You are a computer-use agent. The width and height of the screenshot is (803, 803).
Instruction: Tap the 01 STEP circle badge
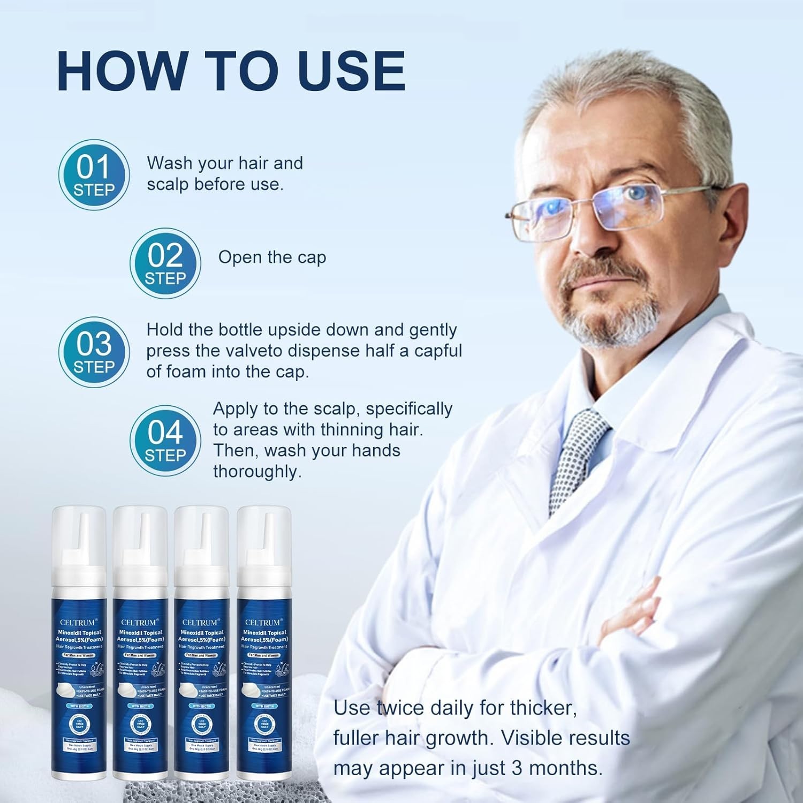[94, 175]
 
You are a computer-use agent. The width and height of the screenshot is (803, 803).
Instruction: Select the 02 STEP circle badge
[165, 263]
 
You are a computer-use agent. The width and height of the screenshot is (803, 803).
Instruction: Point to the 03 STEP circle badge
[94, 352]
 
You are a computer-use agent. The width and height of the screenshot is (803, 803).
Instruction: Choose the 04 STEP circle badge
[165, 441]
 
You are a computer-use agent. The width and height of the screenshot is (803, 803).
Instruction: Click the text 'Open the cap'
[272, 257]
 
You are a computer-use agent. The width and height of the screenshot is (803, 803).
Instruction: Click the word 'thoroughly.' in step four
[257, 472]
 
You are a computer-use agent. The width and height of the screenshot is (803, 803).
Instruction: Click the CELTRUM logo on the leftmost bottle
[79, 622]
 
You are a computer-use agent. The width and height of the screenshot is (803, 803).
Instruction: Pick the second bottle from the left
[140, 642]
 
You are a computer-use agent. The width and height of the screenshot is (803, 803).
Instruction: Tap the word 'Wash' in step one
[169, 163]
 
